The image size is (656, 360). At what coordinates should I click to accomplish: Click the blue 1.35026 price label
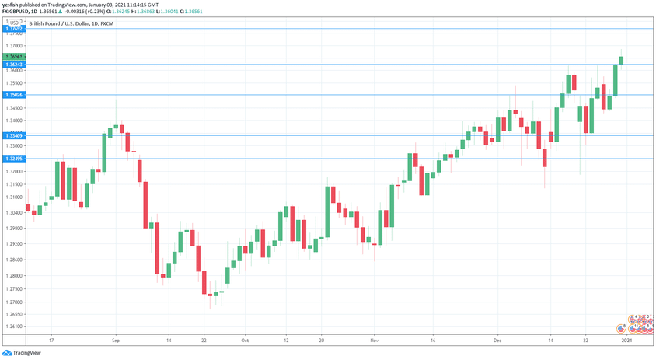point(13,95)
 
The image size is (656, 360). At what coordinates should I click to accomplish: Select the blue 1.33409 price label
point(13,135)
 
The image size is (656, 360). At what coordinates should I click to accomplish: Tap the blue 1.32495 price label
point(13,159)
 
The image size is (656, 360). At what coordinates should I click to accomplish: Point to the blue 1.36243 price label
point(13,65)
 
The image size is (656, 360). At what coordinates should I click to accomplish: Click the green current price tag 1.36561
point(13,57)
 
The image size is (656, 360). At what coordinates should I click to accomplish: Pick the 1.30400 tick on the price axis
point(13,211)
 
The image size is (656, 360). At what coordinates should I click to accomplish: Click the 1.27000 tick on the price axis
point(13,302)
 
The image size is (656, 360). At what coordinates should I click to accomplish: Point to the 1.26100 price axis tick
point(13,327)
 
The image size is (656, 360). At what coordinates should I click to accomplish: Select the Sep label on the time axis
point(115,341)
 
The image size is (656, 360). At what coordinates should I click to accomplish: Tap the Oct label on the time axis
point(244,341)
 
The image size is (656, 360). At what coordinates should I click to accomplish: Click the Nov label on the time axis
point(373,341)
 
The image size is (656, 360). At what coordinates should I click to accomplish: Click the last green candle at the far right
point(621,60)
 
